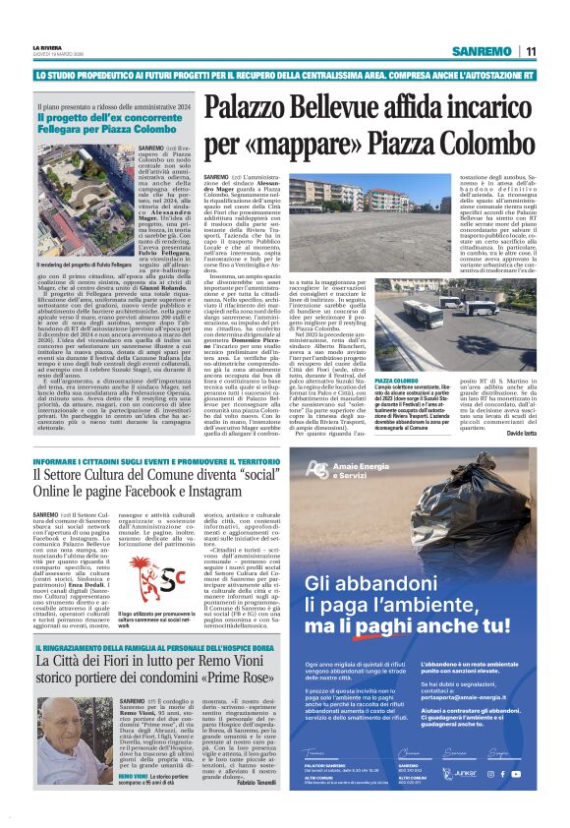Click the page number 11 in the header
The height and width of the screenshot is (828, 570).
[x=531, y=51]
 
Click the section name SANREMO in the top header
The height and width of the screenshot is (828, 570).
[x=483, y=51]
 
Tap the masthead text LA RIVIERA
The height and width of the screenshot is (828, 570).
[x=48, y=46]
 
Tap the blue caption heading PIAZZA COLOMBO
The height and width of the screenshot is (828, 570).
[x=369, y=381]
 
